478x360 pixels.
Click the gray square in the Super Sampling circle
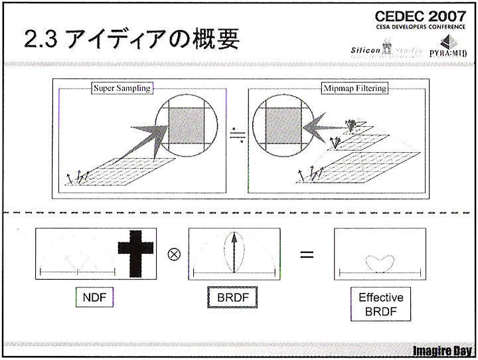[187, 125]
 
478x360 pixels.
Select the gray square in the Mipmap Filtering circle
[283, 125]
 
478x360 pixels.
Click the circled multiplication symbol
[174, 254]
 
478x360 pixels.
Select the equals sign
[306, 254]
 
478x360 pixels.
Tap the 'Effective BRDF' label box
[380, 304]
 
